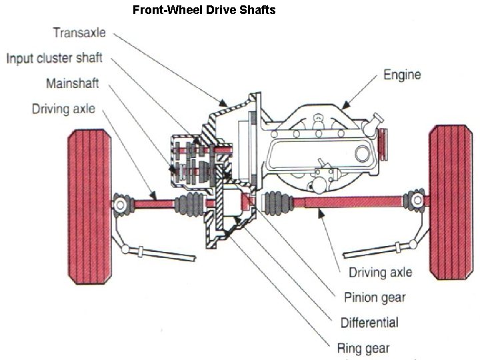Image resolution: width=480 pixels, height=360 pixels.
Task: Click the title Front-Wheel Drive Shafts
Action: click(204, 10)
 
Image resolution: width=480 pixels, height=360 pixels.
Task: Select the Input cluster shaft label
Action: click(55, 58)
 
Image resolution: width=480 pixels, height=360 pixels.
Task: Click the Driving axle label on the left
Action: click(63, 108)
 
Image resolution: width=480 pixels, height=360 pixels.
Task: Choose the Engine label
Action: click(402, 74)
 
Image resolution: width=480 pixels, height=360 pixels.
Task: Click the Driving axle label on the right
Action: click(381, 271)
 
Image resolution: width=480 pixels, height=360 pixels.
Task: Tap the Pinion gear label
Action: click(374, 297)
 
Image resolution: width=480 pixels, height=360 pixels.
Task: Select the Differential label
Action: click(369, 323)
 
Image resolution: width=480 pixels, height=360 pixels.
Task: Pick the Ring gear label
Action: click(363, 347)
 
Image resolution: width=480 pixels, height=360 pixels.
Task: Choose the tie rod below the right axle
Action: click(373, 251)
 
